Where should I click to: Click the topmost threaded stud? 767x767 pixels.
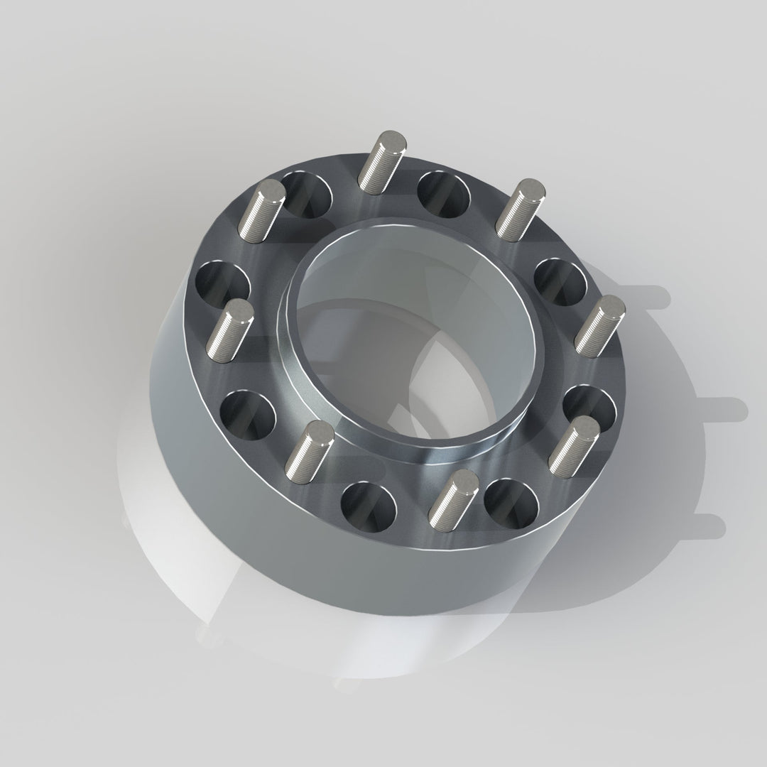pos(381,161)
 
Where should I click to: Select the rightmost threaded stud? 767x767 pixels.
pos(600,325)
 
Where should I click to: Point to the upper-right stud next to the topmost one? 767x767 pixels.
pos(520,210)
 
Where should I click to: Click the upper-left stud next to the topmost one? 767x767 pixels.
pos(261,210)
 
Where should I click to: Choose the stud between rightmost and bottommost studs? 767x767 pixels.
pos(575,447)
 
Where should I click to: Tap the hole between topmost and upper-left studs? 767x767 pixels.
pos(306,194)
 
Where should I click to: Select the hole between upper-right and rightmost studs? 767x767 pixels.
pos(560,282)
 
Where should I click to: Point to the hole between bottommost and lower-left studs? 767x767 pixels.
pos(369,507)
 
